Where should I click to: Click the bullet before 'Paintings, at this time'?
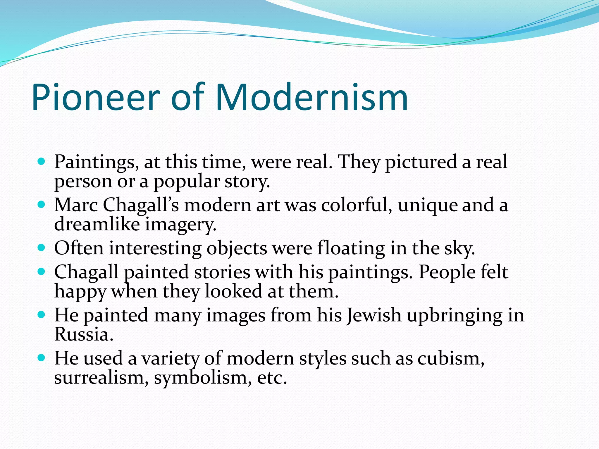(x=42, y=161)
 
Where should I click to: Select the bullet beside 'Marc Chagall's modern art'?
(x=42, y=204)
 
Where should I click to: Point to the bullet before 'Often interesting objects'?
(x=42, y=248)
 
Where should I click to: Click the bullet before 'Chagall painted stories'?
(x=42, y=272)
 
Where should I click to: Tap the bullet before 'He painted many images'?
(x=42, y=315)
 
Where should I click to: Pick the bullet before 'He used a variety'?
(x=42, y=358)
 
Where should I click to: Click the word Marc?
(x=76, y=205)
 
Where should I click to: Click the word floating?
(x=351, y=248)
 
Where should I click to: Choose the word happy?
(x=80, y=292)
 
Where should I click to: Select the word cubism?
(x=450, y=358)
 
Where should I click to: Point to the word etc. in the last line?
(x=272, y=378)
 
